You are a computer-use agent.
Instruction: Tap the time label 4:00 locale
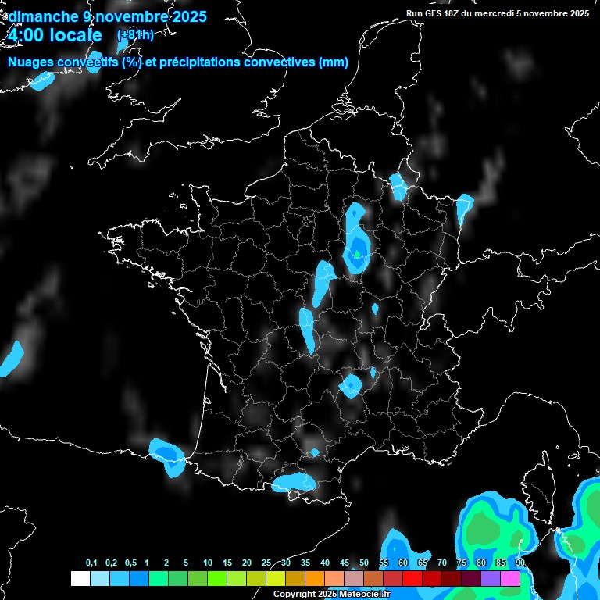click(x=55, y=35)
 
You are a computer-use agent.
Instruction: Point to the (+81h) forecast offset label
click(x=134, y=35)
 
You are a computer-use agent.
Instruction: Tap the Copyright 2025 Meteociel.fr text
click(x=331, y=595)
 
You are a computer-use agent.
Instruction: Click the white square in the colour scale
click(x=80, y=578)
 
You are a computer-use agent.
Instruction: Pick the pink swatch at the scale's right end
click(x=510, y=578)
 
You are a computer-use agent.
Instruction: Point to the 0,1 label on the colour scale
click(x=91, y=563)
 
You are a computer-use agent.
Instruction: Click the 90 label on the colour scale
click(x=520, y=563)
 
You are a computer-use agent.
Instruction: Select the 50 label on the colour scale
click(x=364, y=563)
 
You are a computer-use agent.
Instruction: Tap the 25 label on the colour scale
click(x=266, y=563)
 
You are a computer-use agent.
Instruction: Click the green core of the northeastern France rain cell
click(x=357, y=254)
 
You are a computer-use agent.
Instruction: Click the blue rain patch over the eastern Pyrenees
click(x=293, y=482)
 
